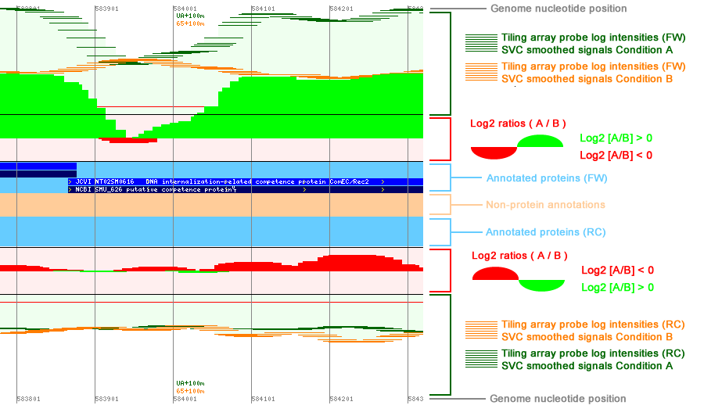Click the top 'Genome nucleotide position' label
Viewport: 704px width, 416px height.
point(558,9)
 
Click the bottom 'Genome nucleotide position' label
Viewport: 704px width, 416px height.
point(558,399)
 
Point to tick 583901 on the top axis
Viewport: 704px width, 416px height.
point(106,8)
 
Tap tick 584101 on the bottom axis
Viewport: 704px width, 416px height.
point(263,399)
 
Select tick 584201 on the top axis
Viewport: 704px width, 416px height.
point(341,8)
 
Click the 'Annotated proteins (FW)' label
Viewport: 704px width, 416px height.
point(546,178)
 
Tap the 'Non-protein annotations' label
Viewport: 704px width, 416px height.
point(545,205)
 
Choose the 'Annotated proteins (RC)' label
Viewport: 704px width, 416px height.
point(545,232)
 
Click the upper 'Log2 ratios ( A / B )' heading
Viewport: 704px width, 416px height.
point(518,124)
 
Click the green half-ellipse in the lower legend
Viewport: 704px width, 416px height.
point(541,286)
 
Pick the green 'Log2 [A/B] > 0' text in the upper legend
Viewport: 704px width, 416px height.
point(616,138)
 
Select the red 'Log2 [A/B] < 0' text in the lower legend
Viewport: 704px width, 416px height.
point(617,271)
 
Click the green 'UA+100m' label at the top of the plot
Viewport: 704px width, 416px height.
point(191,16)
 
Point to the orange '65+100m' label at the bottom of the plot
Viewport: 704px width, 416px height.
point(191,390)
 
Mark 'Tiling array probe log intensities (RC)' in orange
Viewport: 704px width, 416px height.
point(593,325)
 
